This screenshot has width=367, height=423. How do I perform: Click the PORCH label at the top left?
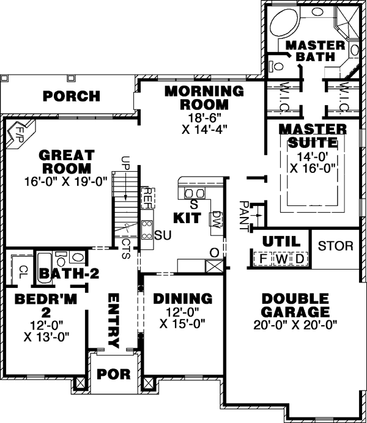pos(72,96)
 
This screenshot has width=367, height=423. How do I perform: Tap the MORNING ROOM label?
pos(204,98)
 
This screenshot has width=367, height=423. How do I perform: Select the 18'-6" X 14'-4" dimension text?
pos(204,125)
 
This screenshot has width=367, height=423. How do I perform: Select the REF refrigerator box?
pos(147,197)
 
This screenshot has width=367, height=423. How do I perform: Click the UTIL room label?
pos(281,240)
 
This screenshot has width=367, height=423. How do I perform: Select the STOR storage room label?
pos(335,246)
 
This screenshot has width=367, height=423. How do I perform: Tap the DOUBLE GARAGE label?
pos(295,305)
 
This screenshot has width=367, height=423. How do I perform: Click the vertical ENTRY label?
pos(114,320)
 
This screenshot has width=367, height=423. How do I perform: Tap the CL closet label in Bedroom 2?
pos(22,270)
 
